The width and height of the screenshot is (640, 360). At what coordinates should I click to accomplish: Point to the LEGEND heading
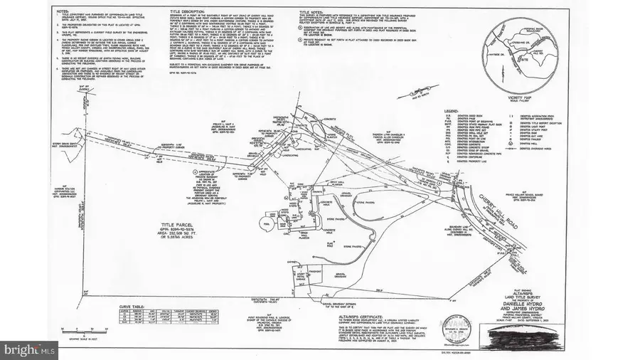449,112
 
